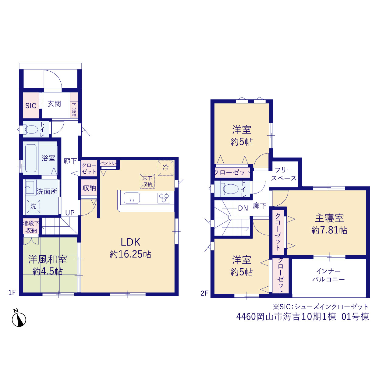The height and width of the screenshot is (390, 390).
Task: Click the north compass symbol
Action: click(x=19, y=319)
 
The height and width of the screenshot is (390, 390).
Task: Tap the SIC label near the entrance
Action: click(x=31, y=106)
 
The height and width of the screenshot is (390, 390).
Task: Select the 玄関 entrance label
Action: click(x=54, y=104)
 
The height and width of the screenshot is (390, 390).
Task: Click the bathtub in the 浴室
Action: click(x=31, y=158)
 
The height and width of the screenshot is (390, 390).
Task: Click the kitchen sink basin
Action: click(x=132, y=198)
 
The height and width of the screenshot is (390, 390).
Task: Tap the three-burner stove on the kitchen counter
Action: click(x=164, y=198)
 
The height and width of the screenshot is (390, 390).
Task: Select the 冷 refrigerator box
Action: click(x=165, y=168)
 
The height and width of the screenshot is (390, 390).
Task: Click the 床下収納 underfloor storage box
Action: click(x=147, y=181)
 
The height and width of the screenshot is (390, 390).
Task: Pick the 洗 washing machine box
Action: click(x=33, y=206)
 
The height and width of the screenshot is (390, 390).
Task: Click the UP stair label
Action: click(x=70, y=213)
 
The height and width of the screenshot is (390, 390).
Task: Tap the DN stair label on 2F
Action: click(x=243, y=208)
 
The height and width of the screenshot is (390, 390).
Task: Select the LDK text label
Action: click(x=130, y=242)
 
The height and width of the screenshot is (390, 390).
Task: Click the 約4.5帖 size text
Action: click(x=48, y=271)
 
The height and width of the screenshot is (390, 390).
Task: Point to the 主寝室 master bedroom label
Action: click(x=329, y=218)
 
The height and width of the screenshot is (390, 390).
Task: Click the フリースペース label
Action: click(x=284, y=174)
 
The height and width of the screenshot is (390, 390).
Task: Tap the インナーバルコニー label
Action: click(x=328, y=275)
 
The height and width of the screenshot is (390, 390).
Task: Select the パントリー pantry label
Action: click(x=108, y=163)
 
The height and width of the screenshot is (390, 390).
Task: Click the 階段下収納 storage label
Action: click(x=31, y=227)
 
